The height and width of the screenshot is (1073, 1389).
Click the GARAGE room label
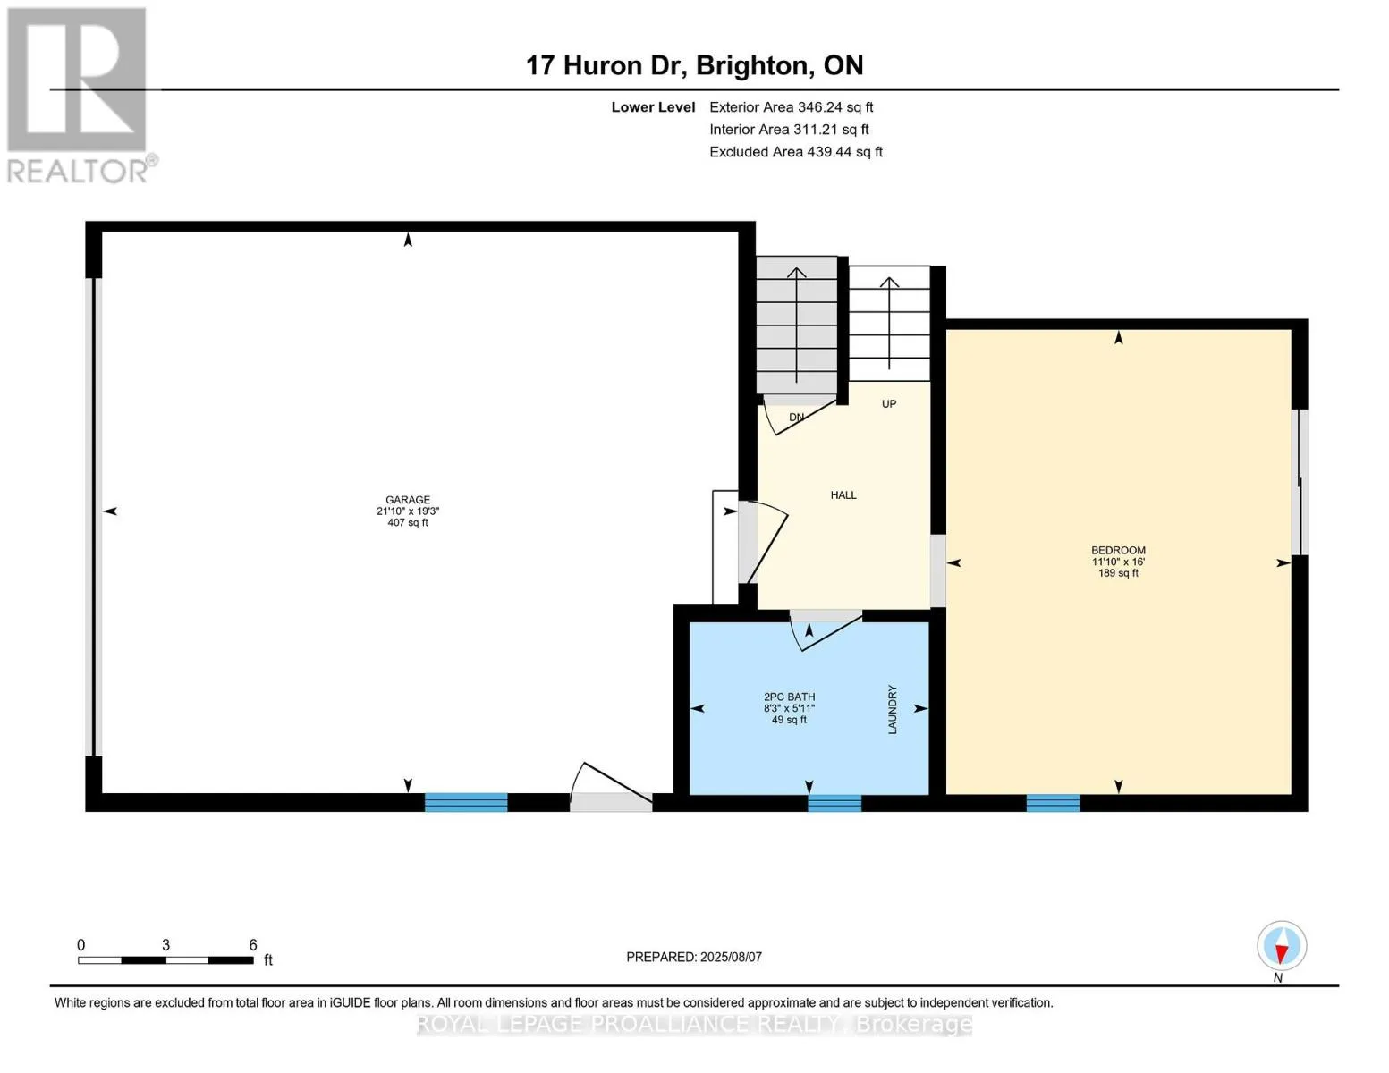[x=407, y=499]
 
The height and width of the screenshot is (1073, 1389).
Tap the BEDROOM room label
[x=1118, y=550]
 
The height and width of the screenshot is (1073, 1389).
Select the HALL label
[x=843, y=494]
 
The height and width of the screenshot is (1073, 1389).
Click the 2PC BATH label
[x=789, y=697]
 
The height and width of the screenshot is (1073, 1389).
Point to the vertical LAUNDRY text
[x=893, y=709]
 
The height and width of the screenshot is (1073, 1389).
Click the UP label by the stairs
[x=888, y=404]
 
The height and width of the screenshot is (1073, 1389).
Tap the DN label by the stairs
[x=796, y=418]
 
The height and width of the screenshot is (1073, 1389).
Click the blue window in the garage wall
[x=466, y=802]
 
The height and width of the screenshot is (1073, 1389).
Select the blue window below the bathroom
[x=834, y=803]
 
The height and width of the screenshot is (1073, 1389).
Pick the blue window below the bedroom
[x=1053, y=803]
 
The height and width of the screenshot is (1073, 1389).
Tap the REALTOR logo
[x=80, y=96]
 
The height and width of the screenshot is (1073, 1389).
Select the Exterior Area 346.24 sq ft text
[x=791, y=107]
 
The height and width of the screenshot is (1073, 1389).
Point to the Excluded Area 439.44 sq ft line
[x=796, y=152]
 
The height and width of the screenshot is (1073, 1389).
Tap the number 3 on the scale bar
[x=165, y=944]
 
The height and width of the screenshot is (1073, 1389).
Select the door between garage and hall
[x=763, y=543]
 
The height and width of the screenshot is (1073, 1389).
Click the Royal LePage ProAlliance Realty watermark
[x=694, y=1024]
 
